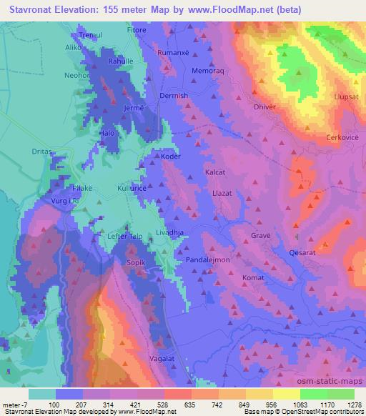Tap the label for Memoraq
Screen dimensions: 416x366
point(207,71)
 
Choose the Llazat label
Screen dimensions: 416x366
point(224,194)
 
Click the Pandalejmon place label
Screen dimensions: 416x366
point(207,261)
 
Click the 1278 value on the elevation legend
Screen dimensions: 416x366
point(355,405)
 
